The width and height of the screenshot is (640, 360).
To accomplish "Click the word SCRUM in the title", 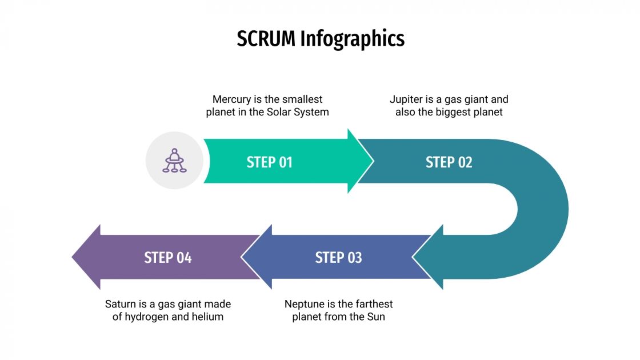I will coord(266,39).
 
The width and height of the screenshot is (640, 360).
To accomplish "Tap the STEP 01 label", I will coord(269,162).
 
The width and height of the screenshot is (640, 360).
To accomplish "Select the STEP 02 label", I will coord(449,162).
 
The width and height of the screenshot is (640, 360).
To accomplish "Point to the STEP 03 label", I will coord(338,258).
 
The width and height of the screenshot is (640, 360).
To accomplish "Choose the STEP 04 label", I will coord(167,258).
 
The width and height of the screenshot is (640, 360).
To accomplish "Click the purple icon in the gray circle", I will coord(174,161).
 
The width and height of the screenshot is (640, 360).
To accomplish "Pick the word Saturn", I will coord(122,304).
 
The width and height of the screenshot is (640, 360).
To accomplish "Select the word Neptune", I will coord(305,304).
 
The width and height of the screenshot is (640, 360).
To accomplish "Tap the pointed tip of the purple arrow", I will coord(73,257).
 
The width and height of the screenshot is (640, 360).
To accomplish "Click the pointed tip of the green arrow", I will coord(373,161).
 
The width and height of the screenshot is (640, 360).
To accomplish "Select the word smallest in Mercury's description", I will coord(301,99).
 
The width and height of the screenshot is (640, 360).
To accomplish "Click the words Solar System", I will coord(298,112).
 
